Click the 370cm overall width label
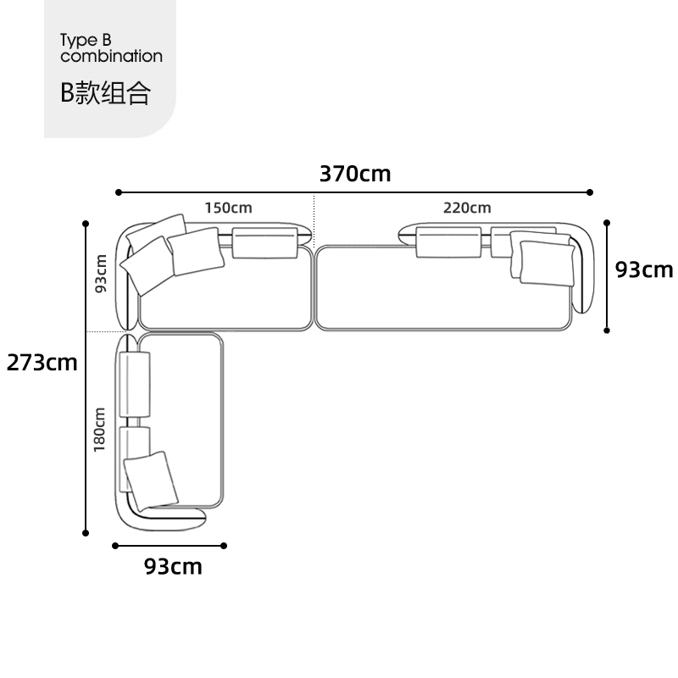[355, 174]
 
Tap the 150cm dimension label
[228, 208]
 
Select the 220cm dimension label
[467, 208]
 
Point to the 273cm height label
[42, 363]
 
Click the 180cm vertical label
[99, 430]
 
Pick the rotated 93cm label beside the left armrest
[100, 273]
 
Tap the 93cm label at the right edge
[644, 270]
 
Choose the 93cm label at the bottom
[173, 566]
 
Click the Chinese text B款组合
[105, 92]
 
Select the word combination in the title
[112, 56]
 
